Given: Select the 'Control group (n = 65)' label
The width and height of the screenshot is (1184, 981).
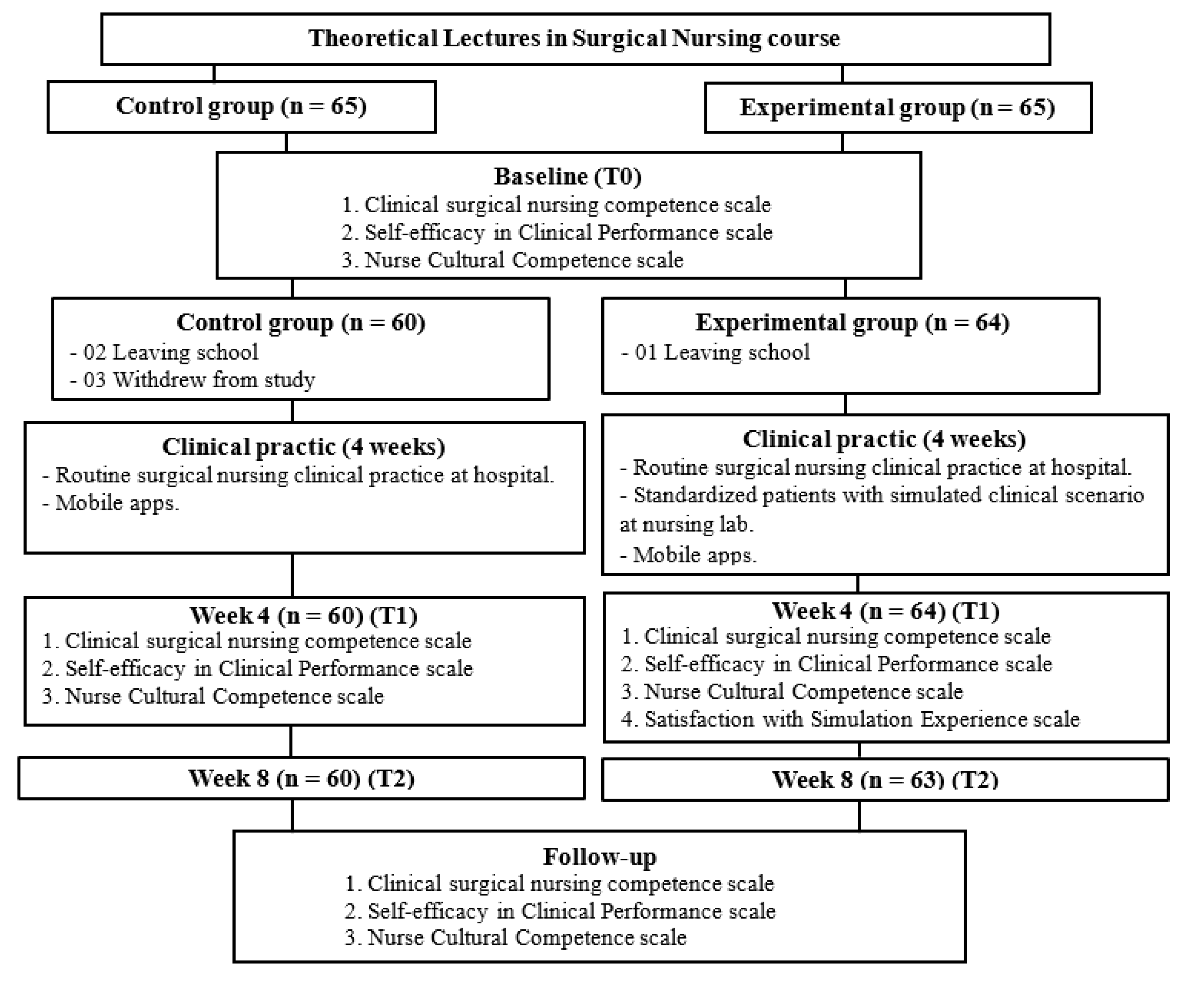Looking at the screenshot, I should coord(241,107).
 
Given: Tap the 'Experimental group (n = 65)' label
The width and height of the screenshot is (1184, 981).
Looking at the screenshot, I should coord(897,108).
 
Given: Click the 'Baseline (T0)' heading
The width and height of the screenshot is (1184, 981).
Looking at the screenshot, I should coord(568,177).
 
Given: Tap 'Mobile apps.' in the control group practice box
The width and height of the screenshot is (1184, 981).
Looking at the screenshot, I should coord(111,503).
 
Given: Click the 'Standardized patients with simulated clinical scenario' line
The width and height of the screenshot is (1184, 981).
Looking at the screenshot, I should coord(882,495).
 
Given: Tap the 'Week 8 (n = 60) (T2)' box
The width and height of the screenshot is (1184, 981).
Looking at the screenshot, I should coord(301,778).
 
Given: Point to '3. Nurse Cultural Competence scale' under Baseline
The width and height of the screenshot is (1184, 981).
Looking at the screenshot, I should coord(512,260).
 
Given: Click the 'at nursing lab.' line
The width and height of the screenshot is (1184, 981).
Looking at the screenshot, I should coord(687,525).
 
